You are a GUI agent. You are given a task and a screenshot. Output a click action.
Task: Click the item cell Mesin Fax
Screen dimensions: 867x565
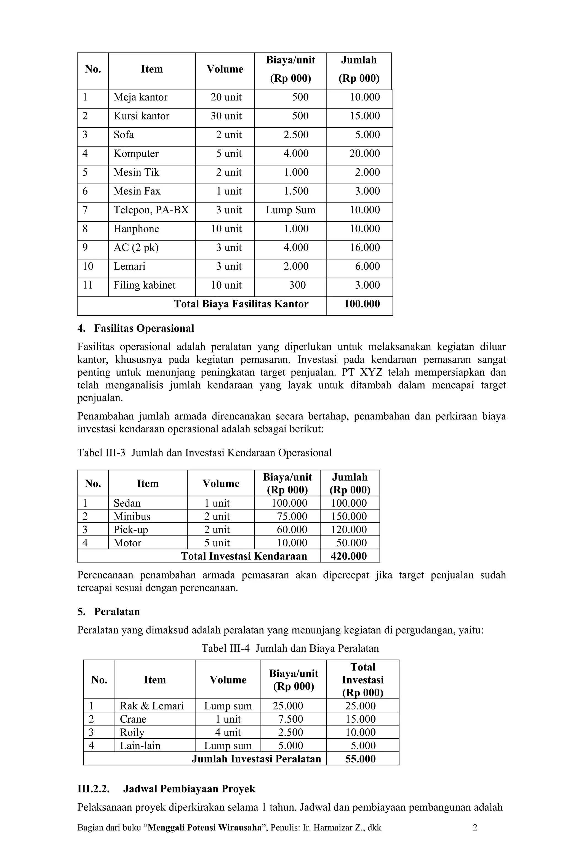[x=137, y=191]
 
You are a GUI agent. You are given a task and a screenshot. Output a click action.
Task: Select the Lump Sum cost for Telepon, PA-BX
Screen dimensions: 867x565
[x=290, y=210]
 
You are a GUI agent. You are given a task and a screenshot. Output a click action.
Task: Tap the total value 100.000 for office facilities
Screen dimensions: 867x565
[x=361, y=304]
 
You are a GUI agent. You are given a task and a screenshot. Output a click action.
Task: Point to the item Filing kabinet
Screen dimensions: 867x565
[x=144, y=285]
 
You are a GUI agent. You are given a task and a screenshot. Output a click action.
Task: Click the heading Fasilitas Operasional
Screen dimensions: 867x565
[x=144, y=329]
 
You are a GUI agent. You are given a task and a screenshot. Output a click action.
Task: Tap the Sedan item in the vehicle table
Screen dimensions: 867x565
[x=127, y=503]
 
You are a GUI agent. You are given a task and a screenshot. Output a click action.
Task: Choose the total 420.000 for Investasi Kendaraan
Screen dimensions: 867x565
[x=348, y=556]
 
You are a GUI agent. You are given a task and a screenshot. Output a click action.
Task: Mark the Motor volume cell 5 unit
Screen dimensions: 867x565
[x=217, y=543]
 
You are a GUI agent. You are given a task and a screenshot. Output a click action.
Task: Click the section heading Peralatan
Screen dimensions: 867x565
[x=117, y=612]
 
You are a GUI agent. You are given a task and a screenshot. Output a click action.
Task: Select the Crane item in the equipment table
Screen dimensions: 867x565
[x=133, y=719]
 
